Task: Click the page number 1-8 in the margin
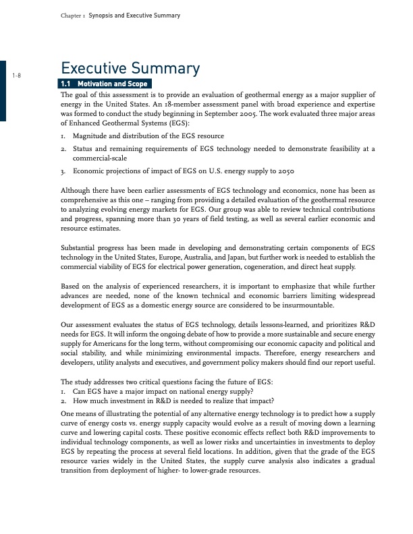18,75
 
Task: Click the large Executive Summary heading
130,69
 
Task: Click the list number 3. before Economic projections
63,171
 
